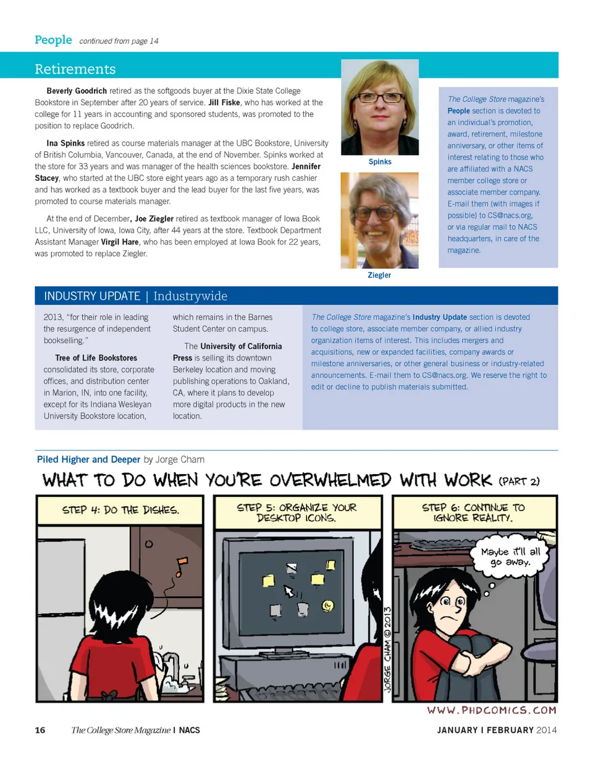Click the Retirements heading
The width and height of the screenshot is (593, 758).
pos(75,69)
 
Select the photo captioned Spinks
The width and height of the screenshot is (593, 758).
pos(379,107)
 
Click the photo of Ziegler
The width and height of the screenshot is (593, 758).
pos(379,220)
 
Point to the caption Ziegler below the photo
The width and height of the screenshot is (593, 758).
pos(379,275)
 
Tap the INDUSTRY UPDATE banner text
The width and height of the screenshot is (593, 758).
pos(92,296)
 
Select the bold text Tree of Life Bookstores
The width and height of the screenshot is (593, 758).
pos(96,358)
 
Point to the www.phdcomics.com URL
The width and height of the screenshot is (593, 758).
pos(492,710)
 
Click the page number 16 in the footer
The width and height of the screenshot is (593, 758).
pos(40,731)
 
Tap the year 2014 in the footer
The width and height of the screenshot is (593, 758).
pos(547,731)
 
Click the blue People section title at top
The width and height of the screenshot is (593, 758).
pos(53,40)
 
